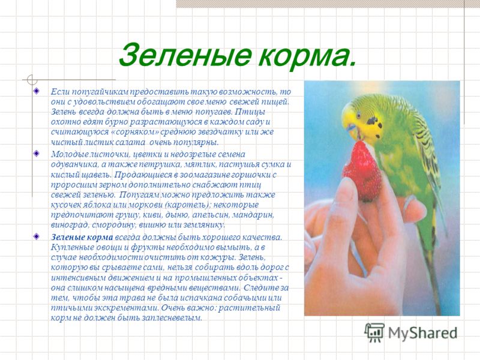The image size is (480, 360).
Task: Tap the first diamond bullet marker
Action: pos(37,91)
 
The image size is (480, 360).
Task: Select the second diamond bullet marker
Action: pos(37,153)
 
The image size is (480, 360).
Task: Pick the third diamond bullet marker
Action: pos(37,236)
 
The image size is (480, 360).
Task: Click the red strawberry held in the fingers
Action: pos(363,170)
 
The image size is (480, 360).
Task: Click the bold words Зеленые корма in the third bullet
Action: pos(82,237)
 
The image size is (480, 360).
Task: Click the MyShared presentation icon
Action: pos(374,332)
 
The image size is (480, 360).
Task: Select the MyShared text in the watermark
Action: pos(423,332)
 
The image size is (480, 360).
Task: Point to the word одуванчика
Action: pos(74,164)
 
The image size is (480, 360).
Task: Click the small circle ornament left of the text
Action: pos(32,80)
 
